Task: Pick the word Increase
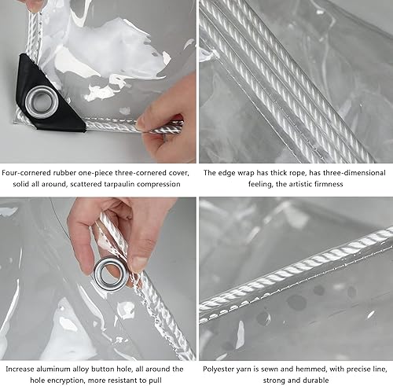tap(20, 368)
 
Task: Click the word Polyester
tap(220, 368)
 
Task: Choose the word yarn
tap(249, 368)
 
